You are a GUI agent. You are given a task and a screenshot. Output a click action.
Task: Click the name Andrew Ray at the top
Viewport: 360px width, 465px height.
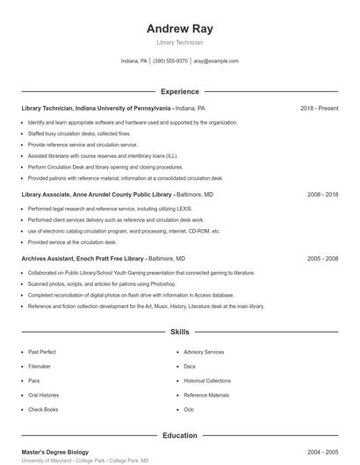click(179, 28)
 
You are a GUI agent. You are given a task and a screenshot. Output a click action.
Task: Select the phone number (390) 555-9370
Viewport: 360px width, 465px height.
click(170, 61)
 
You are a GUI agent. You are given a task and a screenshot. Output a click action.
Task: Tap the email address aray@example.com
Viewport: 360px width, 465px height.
click(216, 61)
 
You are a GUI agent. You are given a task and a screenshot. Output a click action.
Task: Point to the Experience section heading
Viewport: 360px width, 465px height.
click(179, 91)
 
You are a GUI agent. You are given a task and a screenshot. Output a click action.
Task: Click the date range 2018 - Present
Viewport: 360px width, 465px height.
click(319, 108)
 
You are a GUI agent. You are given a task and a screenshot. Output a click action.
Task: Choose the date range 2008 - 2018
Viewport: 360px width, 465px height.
click(322, 194)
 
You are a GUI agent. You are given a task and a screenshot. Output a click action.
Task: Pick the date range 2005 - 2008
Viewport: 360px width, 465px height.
click(322, 259)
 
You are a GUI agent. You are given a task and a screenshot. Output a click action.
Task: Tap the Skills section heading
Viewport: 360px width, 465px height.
click(179, 333)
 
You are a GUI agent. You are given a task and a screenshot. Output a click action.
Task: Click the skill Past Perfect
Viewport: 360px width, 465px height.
click(42, 352)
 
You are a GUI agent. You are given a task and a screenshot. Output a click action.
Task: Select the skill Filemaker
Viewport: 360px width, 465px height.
click(40, 366)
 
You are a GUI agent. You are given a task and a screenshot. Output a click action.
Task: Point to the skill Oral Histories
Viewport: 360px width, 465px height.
click(44, 395)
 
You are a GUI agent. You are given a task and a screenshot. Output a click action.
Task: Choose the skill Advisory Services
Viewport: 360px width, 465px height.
click(204, 352)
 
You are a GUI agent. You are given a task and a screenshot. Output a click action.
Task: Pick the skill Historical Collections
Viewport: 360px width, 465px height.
click(207, 381)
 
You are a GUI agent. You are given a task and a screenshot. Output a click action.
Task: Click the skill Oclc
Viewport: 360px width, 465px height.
click(189, 409)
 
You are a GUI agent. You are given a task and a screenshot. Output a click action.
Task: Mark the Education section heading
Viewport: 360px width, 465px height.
click(179, 435)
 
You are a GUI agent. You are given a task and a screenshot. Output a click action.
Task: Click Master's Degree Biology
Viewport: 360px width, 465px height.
click(55, 452)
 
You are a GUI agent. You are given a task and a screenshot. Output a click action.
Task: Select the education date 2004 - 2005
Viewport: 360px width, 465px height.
click(322, 452)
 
